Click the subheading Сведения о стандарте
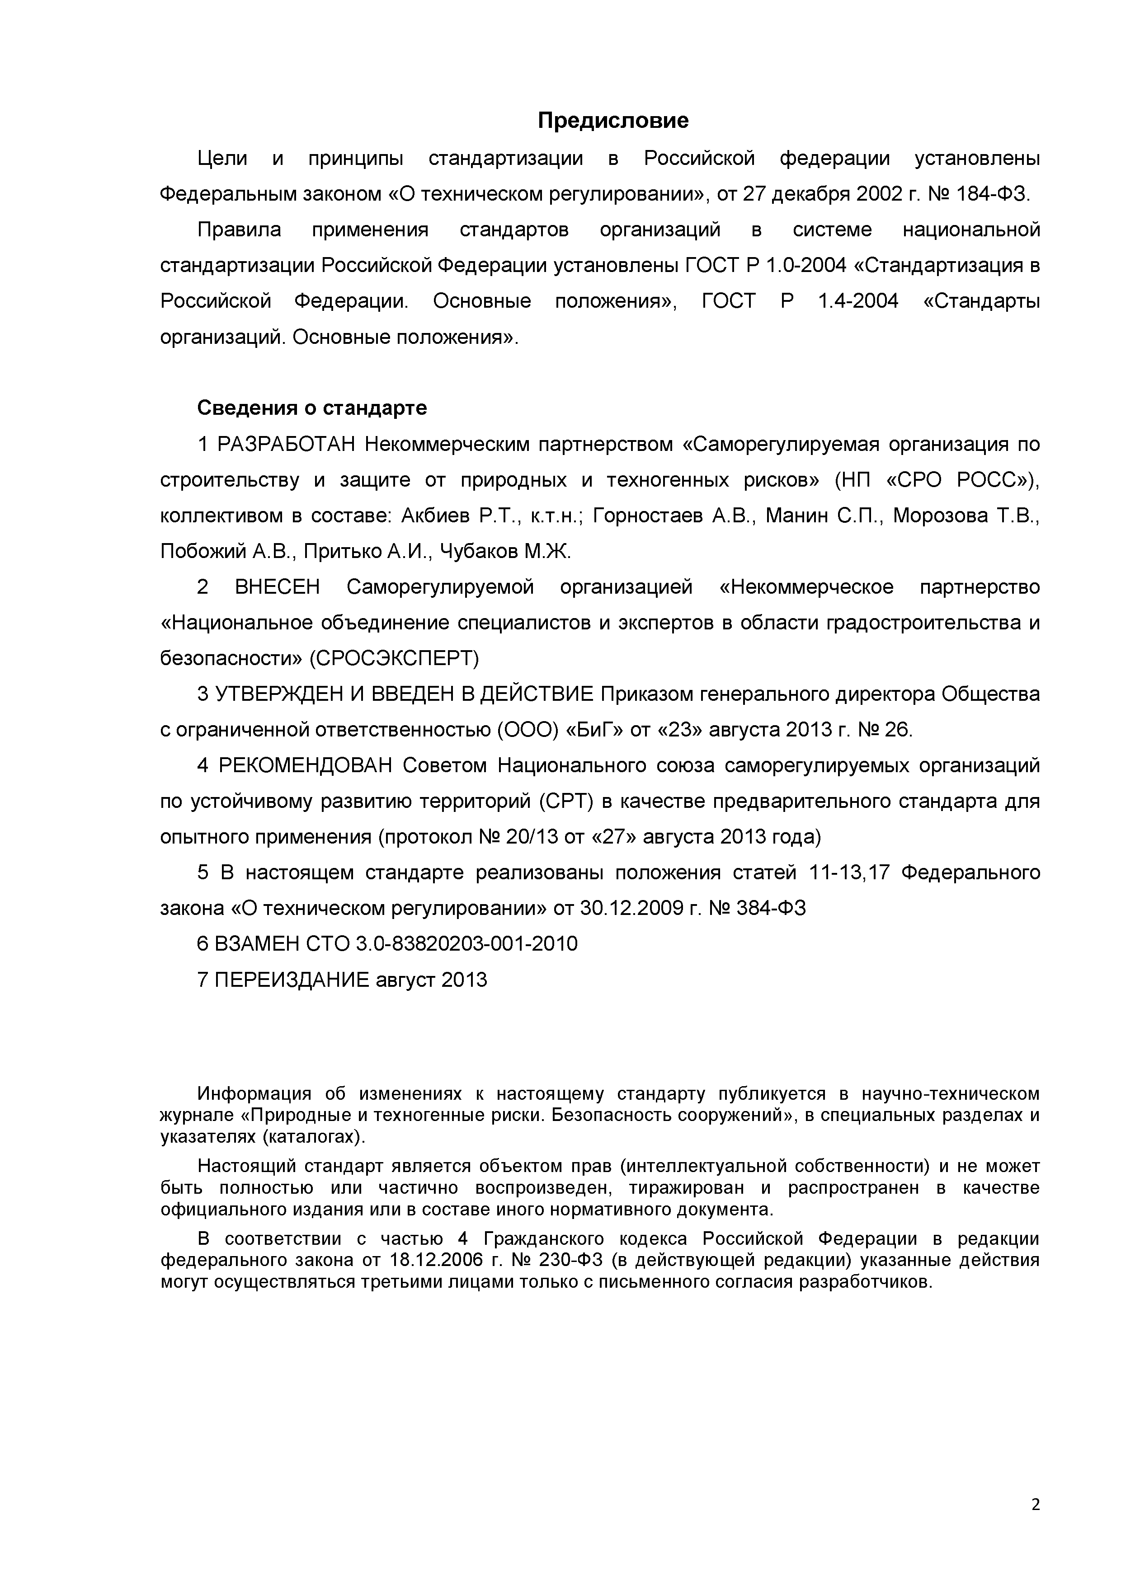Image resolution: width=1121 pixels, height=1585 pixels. coord(312,408)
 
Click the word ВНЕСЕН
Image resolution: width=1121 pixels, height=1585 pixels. coord(278,587)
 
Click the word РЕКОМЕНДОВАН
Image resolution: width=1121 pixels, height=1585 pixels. coord(305,765)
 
